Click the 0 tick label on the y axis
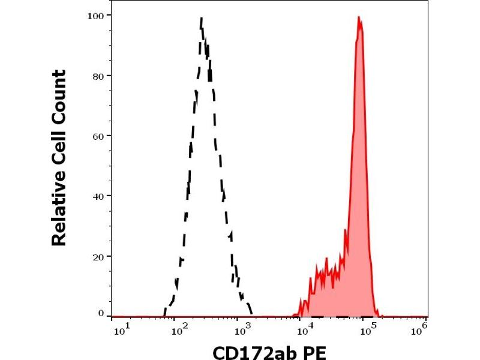coord(100,313)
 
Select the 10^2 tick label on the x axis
coord(178,329)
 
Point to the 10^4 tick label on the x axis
coord(306,329)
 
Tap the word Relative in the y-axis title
coord(59,209)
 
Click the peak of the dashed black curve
coord(202,19)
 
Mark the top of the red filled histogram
coord(359,18)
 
